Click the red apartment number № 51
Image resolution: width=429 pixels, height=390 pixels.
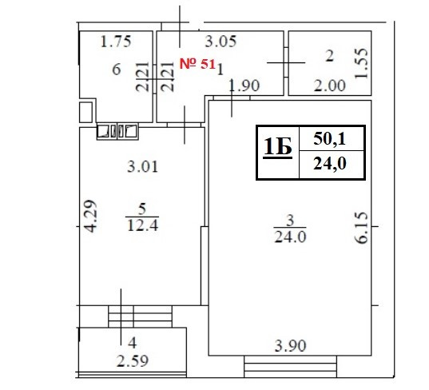coord(197,64)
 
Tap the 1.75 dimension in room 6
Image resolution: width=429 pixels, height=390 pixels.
coord(116,42)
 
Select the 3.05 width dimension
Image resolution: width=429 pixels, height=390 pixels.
coord(220,42)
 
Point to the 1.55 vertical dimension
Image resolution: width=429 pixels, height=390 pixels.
coord(361,63)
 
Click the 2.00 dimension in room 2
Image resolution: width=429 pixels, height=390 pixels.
coord(330,86)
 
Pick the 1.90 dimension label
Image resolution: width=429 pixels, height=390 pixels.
coord(244,86)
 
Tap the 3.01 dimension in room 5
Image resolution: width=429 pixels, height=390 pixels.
coord(142,167)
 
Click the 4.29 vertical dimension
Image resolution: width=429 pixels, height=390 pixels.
coord(90,217)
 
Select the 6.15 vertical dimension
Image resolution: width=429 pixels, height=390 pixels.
coord(361,228)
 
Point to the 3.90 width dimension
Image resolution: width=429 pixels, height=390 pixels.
coord(290,346)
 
